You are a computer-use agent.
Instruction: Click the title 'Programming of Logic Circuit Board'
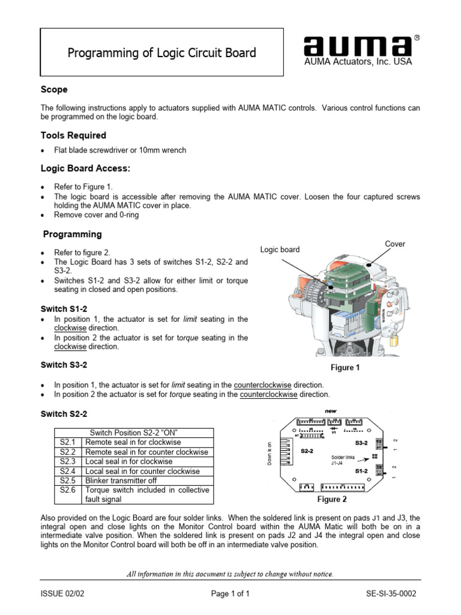(161, 53)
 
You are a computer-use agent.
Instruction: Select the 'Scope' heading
(54, 89)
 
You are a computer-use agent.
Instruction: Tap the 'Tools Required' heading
(73, 135)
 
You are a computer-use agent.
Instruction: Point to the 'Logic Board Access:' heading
(85, 169)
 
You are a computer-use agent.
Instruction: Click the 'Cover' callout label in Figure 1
(395, 244)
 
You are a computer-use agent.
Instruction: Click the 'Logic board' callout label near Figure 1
(280, 249)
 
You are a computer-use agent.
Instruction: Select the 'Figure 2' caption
(332, 499)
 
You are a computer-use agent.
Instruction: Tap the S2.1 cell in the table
(68, 442)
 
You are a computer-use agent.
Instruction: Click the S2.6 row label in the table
(68, 490)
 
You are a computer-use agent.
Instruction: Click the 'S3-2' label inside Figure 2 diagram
(361, 443)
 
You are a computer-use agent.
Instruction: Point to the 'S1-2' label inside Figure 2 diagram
(361, 471)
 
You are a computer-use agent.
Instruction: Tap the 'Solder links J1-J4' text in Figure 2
(342, 459)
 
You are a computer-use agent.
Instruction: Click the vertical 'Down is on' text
(270, 453)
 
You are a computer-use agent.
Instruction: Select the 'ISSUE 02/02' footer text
(62, 593)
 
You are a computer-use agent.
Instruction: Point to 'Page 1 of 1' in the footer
(230, 593)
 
